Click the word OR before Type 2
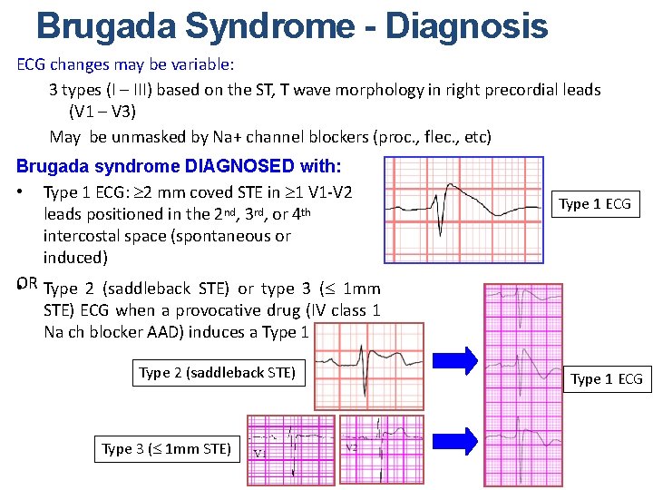point(26,285)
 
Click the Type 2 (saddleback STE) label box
point(218,373)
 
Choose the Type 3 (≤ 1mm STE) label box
point(166,448)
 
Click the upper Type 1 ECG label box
point(595,203)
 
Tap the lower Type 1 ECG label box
point(606,378)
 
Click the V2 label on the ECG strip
point(352,448)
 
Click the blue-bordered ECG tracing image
point(463,209)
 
